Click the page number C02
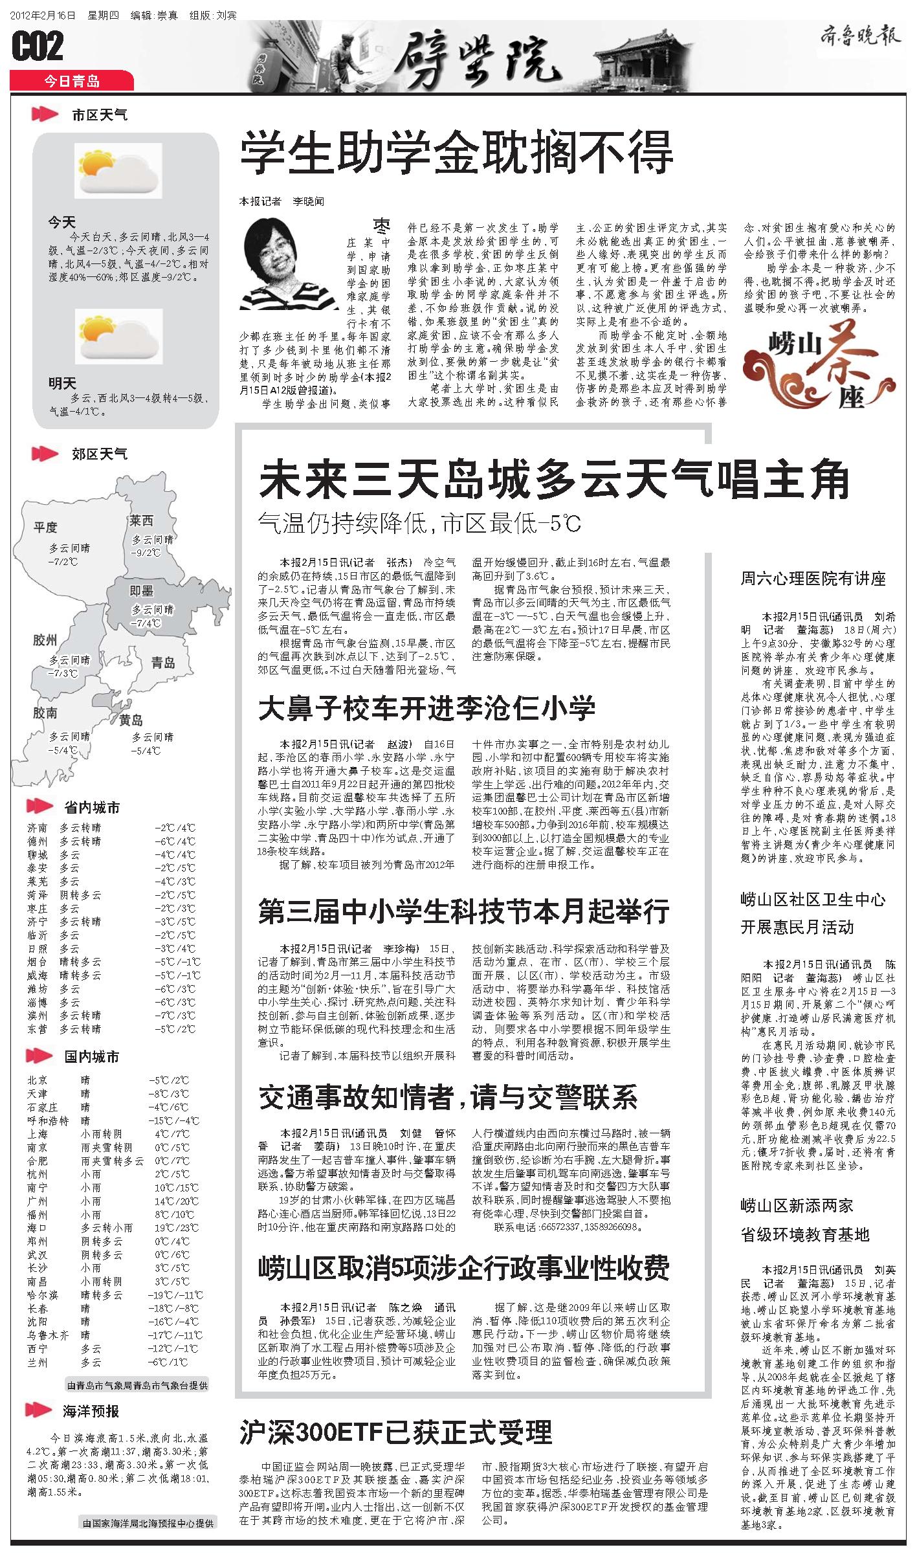(38, 47)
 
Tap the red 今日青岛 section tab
(71, 82)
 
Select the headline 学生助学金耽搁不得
(456, 153)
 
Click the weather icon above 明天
(117, 335)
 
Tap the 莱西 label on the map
(141, 520)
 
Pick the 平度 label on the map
(45, 528)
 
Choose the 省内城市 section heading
(92, 808)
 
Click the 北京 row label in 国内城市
(38, 1080)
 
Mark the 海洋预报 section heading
(91, 1411)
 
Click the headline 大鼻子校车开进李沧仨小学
(426, 708)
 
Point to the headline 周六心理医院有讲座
(813, 579)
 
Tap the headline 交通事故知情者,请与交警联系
(448, 1096)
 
